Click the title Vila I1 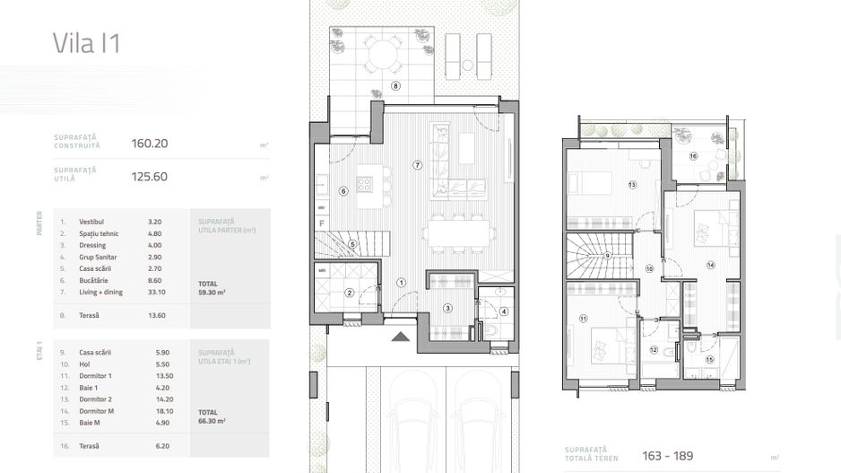[86, 43]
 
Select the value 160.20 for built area [150, 143]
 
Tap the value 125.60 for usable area [150, 177]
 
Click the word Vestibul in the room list [91, 221]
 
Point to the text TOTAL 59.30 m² [212, 288]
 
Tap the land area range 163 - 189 [668, 455]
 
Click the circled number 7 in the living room [417, 165]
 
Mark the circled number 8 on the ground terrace [395, 86]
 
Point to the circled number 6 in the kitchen [342, 190]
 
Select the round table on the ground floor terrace [384, 56]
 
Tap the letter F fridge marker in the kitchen [321, 222]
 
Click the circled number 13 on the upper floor [632, 185]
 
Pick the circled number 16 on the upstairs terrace [693, 156]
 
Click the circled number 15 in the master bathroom [710, 360]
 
